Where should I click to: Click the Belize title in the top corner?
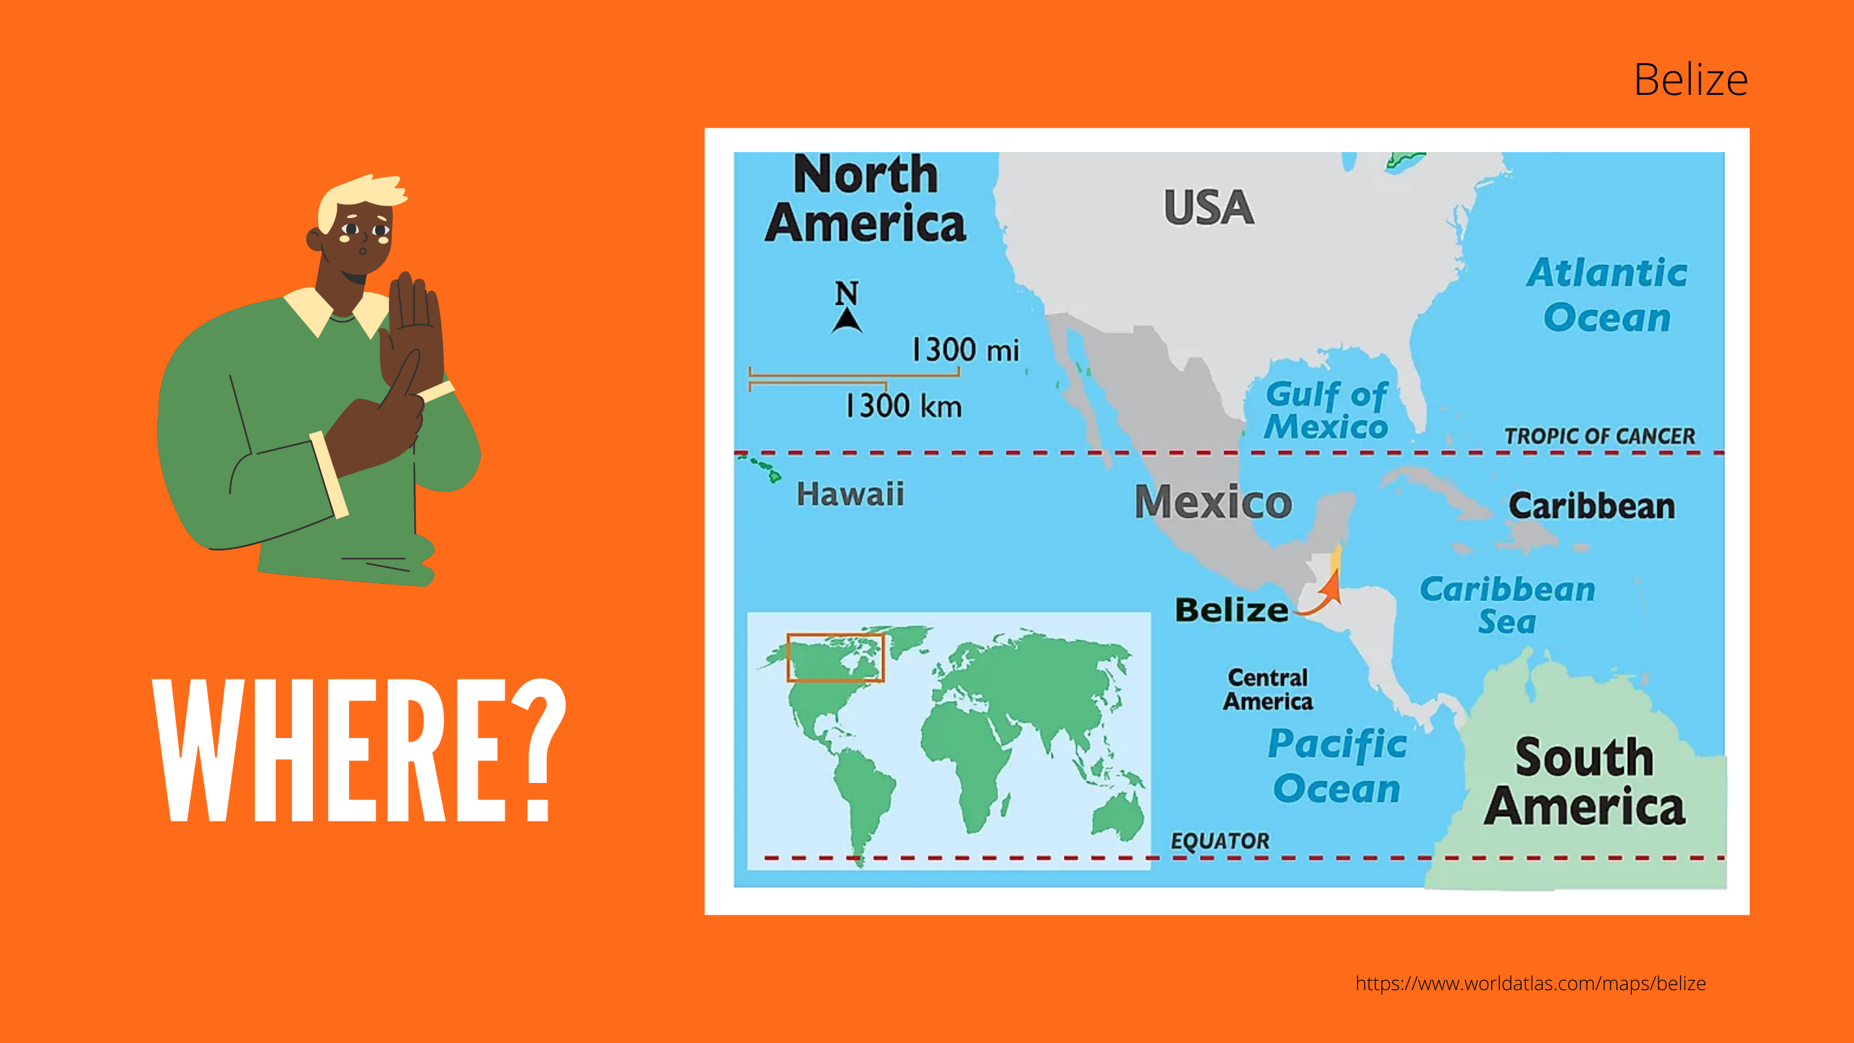coord(1690,80)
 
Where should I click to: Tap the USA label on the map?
coord(1209,207)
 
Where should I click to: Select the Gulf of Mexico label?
coord(1326,411)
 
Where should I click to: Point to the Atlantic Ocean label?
coord(1607,295)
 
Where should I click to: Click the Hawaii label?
coord(850,495)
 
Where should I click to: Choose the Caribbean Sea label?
coord(1507,605)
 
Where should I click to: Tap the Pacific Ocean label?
coord(1337,766)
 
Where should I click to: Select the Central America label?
coord(1268,690)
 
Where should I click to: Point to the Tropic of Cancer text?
coord(1600,436)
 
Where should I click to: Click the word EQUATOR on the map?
coord(1220,841)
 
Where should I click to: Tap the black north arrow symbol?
coord(847,319)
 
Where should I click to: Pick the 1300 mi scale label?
coord(965,351)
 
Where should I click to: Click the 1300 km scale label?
coord(904,406)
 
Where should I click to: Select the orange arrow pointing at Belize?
coord(1325,594)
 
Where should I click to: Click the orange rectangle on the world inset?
coord(836,658)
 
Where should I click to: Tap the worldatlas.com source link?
coord(1530,984)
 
